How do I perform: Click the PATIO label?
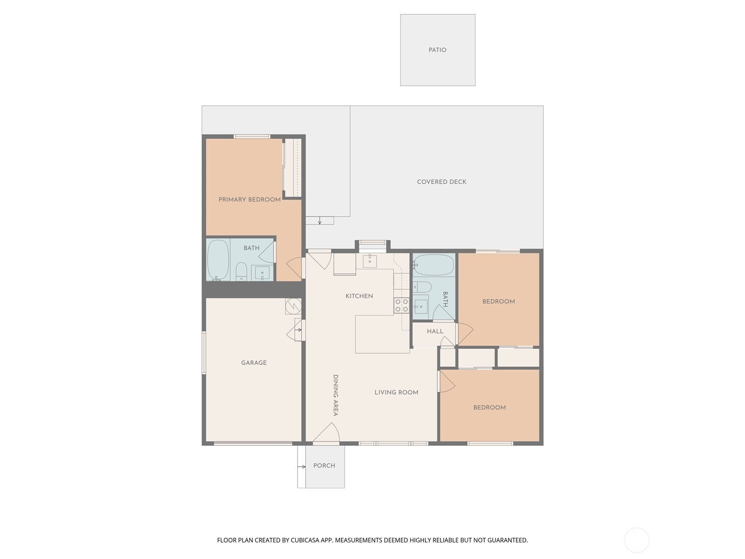[x=437, y=50]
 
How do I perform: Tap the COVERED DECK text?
[x=441, y=182]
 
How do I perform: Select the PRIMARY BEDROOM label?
[x=250, y=199]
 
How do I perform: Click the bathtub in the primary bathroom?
[x=218, y=260]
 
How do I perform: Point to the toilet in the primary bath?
[x=241, y=271]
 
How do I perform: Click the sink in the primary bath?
[x=262, y=273]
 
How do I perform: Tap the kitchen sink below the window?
[x=370, y=261]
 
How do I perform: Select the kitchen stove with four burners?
[x=401, y=305]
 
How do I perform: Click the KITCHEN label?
[x=359, y=296]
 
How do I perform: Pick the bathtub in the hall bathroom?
[x=433, y=265]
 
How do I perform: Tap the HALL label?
[x=435, y=331]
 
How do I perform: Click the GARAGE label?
[x=254, y=363]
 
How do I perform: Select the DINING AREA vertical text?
[x=335, y=395]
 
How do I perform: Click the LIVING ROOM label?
[x=396, y=392]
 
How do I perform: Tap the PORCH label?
[x=324, y=466]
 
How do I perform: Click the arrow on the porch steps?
[x=301, y=467]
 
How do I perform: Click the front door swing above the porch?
[x=326, y=432]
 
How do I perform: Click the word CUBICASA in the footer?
[x=305, y=540]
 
